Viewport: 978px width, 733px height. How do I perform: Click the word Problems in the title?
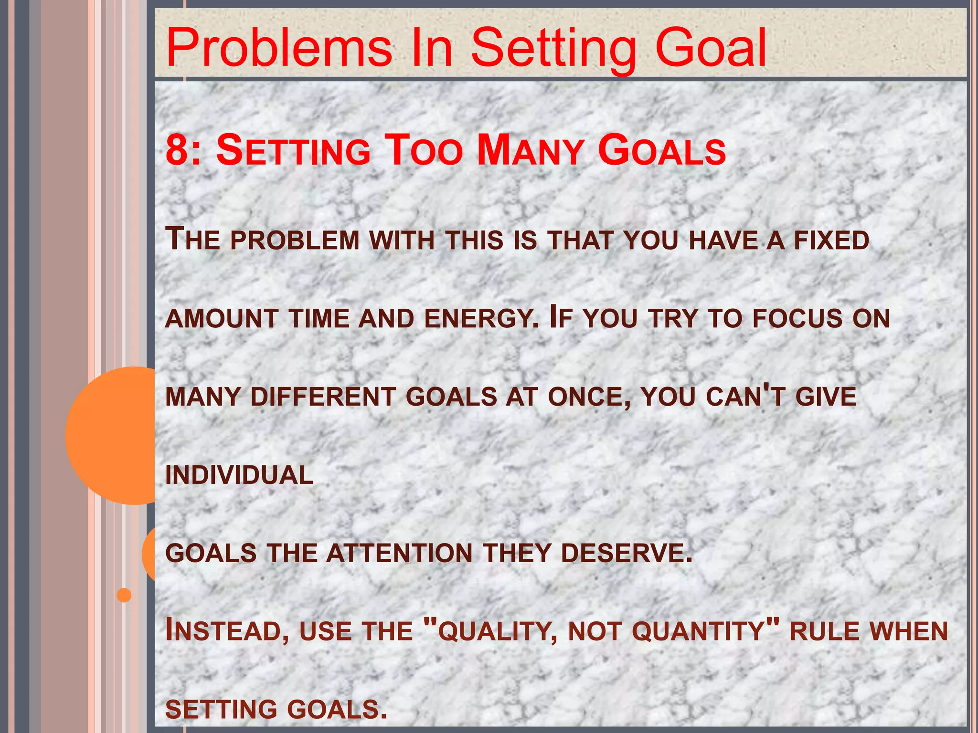[x=279, y=48]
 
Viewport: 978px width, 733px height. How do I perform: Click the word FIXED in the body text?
[x=831, y=240]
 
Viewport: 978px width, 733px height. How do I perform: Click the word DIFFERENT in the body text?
[x=323, y=397]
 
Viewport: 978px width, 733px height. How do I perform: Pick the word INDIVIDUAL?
[x=239, y=475]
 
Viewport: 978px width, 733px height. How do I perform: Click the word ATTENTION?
[x=399, y=554]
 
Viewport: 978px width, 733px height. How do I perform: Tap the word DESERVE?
[x=626, y=554]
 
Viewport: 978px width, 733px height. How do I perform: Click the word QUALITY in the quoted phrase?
[x=497, y=631]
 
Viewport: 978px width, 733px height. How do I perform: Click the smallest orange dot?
[x=124, y=595]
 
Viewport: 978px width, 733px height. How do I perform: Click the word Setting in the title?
[x=553, y=48]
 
